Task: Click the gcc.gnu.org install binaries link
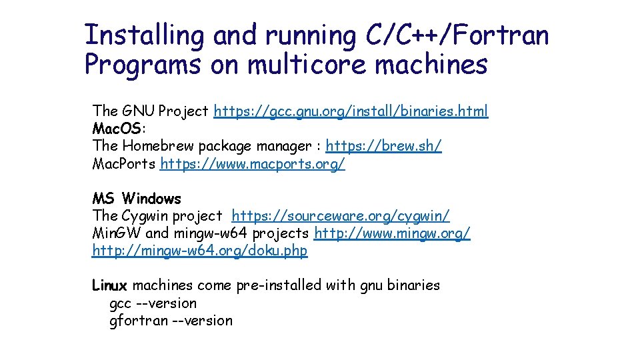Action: (351, 111)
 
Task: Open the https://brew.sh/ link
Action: (383, 146)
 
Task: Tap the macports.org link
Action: (253, 163)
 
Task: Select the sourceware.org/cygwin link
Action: (341, 216)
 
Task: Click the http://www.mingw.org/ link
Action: (392, 233)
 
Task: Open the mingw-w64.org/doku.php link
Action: (200, 251)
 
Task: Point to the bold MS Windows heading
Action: (137, 199)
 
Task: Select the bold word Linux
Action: (109, 286)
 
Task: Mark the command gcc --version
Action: (153, 303)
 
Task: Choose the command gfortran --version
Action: (171, 321)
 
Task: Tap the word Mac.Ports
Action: (124, 163)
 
